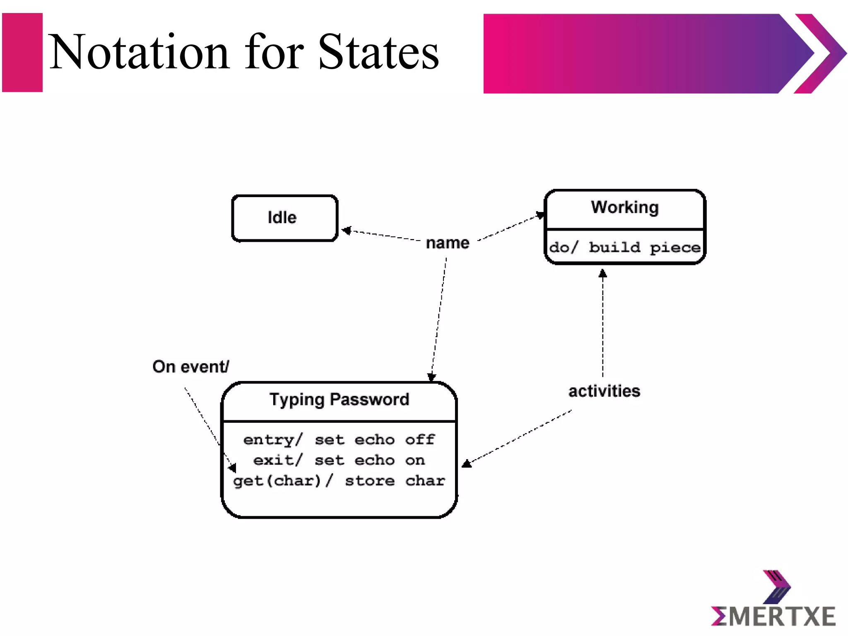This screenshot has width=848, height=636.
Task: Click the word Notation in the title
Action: (139, 52)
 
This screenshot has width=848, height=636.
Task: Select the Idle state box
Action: (284, 218)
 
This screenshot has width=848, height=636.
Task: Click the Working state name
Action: (624, 207)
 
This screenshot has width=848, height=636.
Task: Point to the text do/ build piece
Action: (625, 247)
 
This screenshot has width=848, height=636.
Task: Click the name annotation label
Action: (448, 243)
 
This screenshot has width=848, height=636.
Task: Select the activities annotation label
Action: (604, 391)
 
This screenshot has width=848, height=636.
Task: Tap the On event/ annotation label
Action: (190, 366)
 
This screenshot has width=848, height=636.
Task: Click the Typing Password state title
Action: (339, 400)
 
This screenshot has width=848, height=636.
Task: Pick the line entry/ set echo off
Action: (339, 439)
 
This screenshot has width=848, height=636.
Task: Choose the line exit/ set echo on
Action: (339, 460)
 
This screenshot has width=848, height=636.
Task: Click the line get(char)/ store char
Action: (339, 480)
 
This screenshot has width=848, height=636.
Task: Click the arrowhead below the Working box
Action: (603, 273)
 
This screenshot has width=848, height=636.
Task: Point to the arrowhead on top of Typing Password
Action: (431, 377)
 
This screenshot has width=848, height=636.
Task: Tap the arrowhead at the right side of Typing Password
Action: (466, 463)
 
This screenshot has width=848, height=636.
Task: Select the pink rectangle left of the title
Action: (22, 53)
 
